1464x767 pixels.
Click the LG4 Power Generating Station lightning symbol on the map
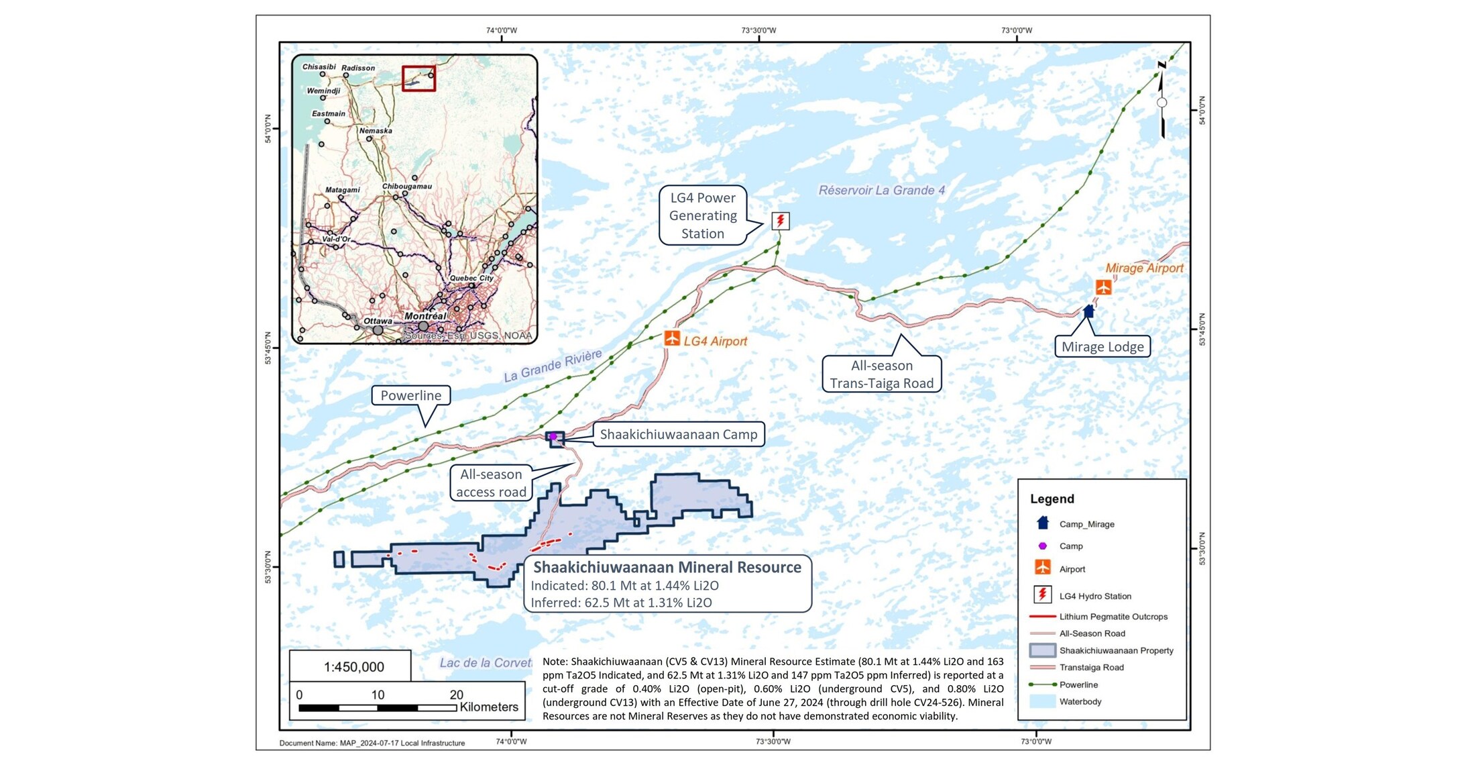point(780,221)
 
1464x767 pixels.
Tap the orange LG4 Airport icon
point(672,338)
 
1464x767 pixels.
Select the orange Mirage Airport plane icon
point(1103,287)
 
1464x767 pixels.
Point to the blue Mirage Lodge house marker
point(1088,311)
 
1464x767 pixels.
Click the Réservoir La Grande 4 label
point(881,191)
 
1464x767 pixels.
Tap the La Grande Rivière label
point(553,366)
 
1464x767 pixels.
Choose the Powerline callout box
point(411,395)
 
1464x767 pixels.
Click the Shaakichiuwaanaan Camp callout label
point(678,434)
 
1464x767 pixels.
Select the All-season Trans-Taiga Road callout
point(881,374)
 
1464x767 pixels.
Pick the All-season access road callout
point(491,483)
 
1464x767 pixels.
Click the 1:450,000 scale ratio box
point(353,667)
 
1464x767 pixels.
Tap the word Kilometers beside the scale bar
point(489,707)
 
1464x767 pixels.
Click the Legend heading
point(1052,499)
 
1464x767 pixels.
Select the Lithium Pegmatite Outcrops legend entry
point(1113,617)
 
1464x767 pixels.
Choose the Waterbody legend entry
point(1080,702)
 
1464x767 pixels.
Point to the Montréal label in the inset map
point(425,316)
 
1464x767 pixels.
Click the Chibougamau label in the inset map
point(407,186)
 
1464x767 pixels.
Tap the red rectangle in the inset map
point(418,79)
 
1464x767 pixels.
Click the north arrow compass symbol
point(1162,101)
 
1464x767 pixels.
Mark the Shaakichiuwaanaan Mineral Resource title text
point(667,567)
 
